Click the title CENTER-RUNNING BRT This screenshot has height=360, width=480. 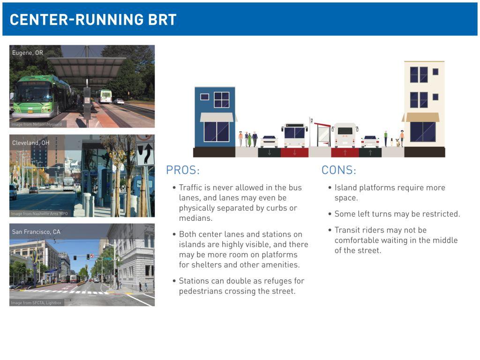[x=93, y=20]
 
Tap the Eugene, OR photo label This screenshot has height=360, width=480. [x=28, y=52]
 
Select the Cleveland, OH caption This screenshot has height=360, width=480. [x=30, y=142]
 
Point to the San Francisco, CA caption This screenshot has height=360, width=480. [x=36, y=232]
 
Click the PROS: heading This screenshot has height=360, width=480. [x=183, y=170]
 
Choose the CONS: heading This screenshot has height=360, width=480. [x=339, y=170]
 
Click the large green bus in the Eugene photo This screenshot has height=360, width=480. [x=41, y=97]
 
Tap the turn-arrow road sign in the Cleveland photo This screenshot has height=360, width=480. [x=145, y=153]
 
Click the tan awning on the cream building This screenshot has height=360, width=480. [x=421, y=117]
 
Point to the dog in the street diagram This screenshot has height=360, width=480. [x=397, y=142]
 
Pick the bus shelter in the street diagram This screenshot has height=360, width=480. [x=322, y=135]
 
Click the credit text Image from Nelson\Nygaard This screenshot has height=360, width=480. [x=37, y=124]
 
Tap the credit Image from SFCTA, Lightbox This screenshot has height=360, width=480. [x=36, y=303]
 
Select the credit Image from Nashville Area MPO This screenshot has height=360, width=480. [x=39, y=214]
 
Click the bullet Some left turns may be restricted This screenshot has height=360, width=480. [x=397, y=214]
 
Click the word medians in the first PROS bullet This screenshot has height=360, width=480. [x=195, y=218]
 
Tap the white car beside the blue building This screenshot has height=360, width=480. [x=269, y=142]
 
